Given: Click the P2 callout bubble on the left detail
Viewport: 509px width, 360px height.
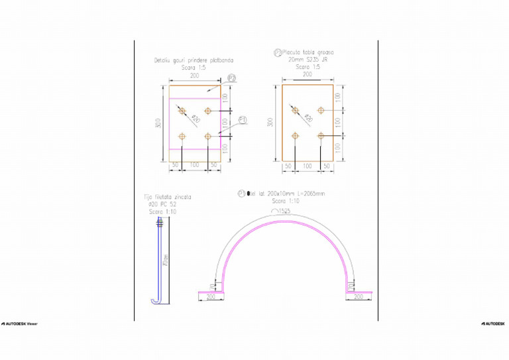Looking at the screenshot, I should [232, 78].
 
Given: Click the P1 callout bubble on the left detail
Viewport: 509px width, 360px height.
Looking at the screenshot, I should [243, 120].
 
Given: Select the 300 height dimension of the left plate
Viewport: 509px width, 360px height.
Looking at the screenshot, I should [158, 123].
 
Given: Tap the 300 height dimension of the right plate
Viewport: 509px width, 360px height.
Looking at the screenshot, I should [270, 123].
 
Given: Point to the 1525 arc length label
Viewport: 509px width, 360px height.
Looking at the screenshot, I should [284, 210].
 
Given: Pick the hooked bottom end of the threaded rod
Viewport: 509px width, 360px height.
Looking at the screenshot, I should [155, 302].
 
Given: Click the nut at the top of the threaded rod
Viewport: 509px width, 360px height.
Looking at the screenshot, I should [158, 227].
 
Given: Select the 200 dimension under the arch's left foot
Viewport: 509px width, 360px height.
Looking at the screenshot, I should [211, 298].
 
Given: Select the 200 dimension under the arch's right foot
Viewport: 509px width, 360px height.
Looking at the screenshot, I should [359, 298].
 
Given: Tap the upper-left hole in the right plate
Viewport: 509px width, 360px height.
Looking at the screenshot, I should [296, 110].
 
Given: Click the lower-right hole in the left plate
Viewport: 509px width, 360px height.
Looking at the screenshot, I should [208, 136].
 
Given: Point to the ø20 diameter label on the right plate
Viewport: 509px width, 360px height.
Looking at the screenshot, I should [309, 119].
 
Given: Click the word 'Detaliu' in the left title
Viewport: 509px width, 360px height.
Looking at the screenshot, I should [163, 60].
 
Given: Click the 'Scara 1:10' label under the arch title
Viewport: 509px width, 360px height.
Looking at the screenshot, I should [285, 201].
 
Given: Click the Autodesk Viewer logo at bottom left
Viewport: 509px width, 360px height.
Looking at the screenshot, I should [19, 323].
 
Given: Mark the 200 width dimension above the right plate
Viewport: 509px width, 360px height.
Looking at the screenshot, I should [308, 75].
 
